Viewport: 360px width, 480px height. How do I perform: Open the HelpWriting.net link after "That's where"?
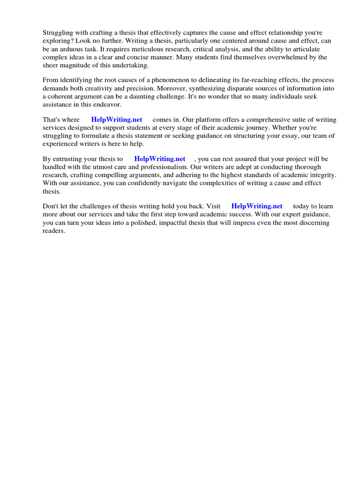[117, 120]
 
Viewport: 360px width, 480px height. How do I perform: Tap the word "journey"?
[248, 127]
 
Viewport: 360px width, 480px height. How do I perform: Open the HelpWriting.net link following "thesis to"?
[160, 159]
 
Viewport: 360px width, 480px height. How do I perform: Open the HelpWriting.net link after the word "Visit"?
[257, 206]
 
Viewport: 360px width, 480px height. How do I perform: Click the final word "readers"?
[54, 231]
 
